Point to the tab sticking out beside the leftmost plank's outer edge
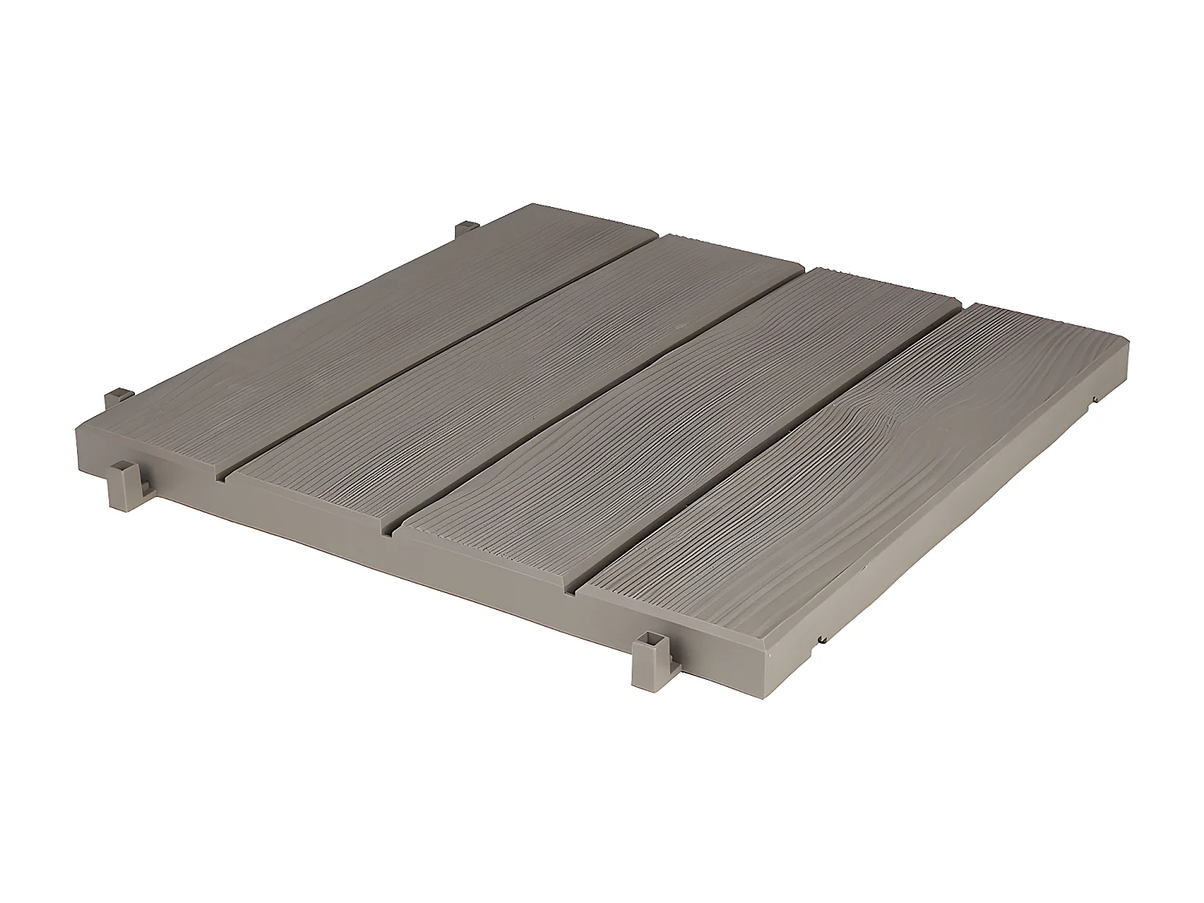tap(118, 397)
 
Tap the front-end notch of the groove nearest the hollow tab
tap(571, 595)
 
